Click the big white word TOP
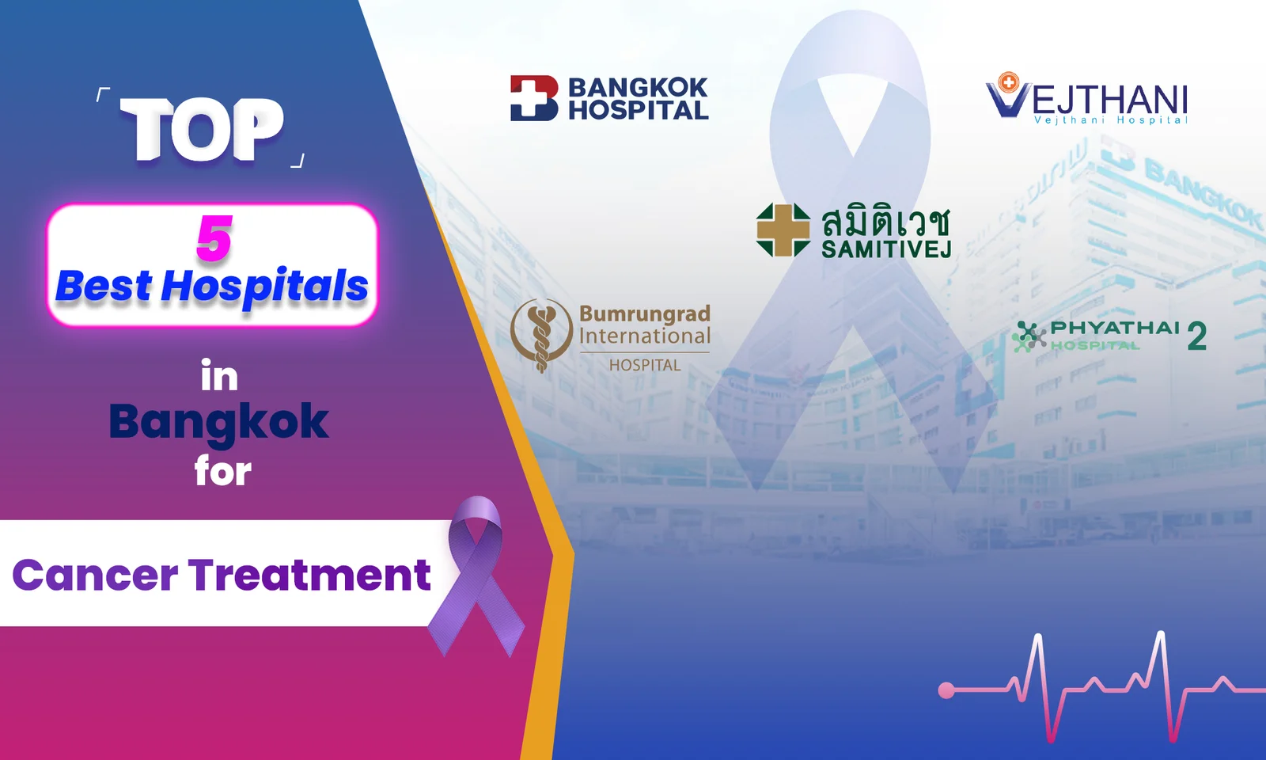[202, 130]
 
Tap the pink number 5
[214, 238]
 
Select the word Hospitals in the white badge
[264, 287]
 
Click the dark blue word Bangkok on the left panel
[218, 423]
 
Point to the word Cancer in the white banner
[95, 575]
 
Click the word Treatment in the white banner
[309, 574]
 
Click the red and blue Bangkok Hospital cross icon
[534, 98]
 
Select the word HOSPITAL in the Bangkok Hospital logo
[638, 110]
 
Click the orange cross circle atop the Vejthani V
[1008, 82]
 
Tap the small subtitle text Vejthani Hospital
[1111, 120]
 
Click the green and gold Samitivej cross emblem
[783, 230]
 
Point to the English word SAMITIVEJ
[886, 249]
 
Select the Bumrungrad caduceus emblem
[541, 336]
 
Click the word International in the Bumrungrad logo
[645, 336]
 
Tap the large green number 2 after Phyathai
[1197, 336]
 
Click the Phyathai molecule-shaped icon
[1029, 336]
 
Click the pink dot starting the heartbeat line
[946, 690]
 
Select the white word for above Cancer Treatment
[222, 472]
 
